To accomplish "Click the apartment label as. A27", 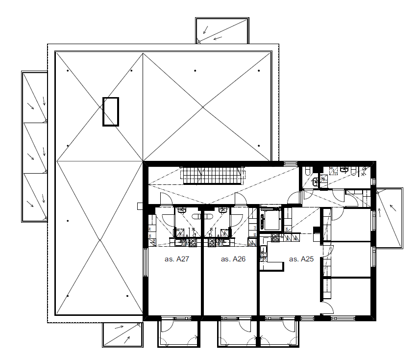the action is [x=176, y=259].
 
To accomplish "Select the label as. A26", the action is [x=233, y=259].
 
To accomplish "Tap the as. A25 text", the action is [x=301, y=259].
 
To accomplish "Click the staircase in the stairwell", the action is [x=213, y=176].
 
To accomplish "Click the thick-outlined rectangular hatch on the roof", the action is [x=111, y=111].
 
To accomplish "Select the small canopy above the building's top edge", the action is [x=222, y=30].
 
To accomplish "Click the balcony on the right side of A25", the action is [x=390, y=218].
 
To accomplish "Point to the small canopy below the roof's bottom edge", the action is [x=123, y=335].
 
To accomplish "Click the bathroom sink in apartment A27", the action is [x=182, y=210].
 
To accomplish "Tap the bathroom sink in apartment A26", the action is [x=222, y=210].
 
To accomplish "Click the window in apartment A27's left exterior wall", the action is [x=145, y=262].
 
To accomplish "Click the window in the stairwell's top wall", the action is [x=291, y=163].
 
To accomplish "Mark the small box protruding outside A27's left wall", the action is [x=140, y=206].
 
